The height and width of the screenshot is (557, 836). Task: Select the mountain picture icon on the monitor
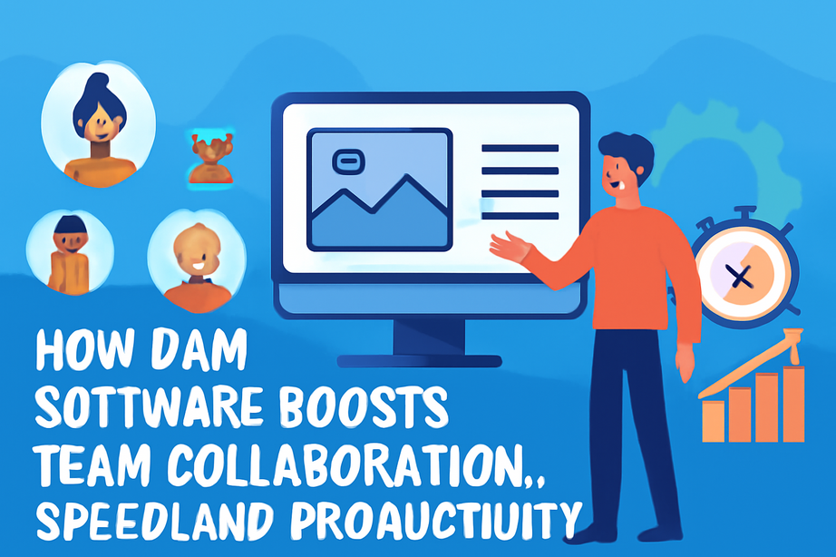(379, 189)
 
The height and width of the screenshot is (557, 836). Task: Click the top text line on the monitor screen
(520, 148)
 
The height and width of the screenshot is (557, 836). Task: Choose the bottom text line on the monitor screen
(520, 216)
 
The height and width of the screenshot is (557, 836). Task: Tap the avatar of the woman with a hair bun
(98, 124)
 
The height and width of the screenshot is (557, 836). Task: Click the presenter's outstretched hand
(509, 245)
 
